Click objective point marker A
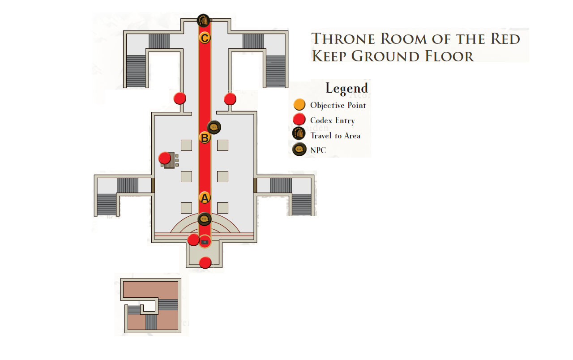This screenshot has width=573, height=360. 205,198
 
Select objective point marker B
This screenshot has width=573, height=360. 205,137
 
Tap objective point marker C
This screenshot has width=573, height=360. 205,38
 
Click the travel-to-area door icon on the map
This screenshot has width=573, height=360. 204,21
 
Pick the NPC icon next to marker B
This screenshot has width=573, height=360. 214,127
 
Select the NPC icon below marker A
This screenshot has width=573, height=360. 205,219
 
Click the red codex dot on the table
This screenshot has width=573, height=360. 165,158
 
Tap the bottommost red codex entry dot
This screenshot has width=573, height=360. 205,262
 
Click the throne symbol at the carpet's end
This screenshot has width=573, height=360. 205,242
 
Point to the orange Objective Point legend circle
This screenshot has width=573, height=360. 299,105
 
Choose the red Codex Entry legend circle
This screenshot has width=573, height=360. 299,119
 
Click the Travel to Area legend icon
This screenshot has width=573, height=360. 299,133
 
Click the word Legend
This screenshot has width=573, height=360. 346,88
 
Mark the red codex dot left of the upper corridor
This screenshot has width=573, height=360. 180,98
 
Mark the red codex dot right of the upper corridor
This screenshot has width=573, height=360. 230,99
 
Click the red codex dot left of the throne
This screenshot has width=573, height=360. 193,240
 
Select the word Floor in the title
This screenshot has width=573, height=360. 449,56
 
